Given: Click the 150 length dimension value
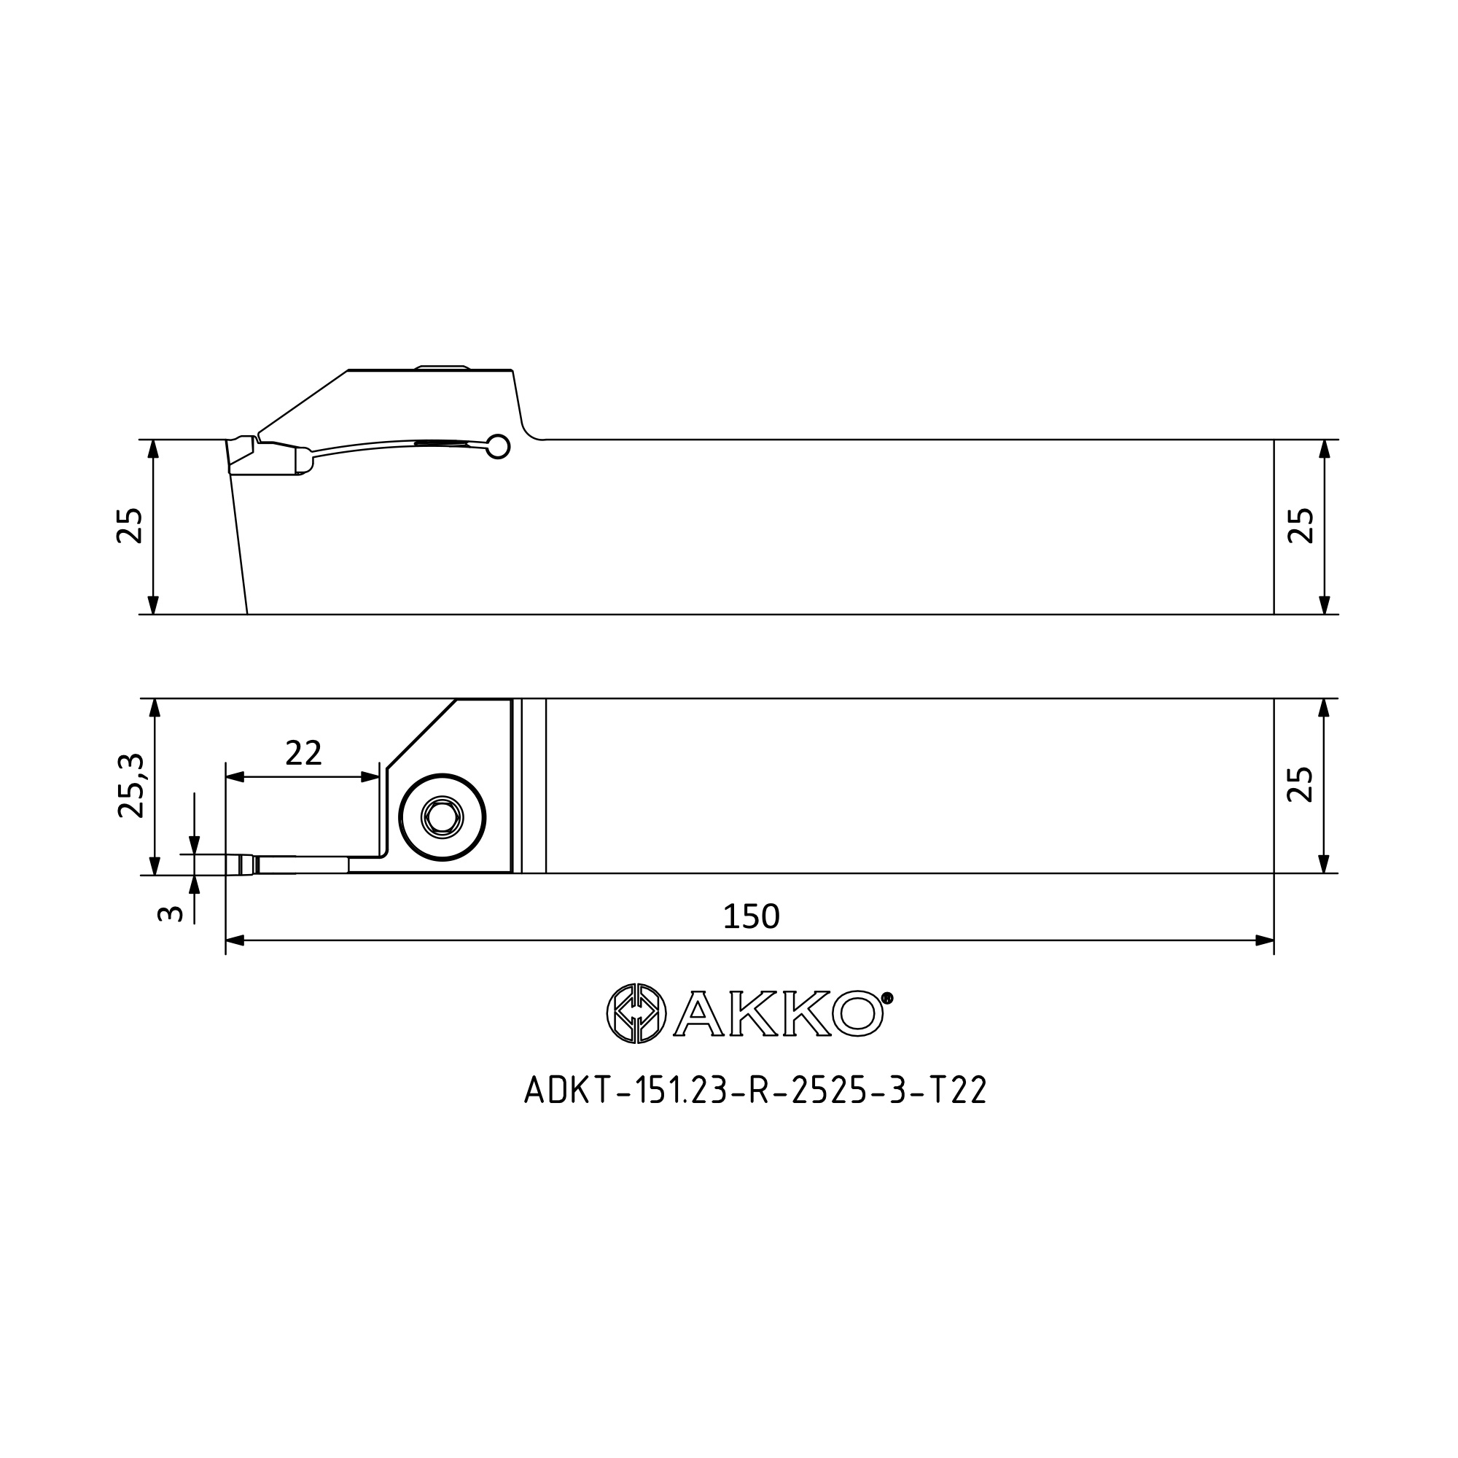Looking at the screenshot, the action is (751, 917).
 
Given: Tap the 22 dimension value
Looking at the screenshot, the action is (303, 753).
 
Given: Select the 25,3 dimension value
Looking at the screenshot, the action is (130, 786).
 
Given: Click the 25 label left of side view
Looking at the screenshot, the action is (130, 526).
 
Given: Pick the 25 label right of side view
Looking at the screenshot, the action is (1301, 526).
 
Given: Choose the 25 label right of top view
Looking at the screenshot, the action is (1301, 785).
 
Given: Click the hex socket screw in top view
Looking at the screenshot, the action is (443, 817).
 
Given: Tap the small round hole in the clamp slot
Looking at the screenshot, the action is (498, 447).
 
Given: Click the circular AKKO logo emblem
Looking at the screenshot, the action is (636, 1013).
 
